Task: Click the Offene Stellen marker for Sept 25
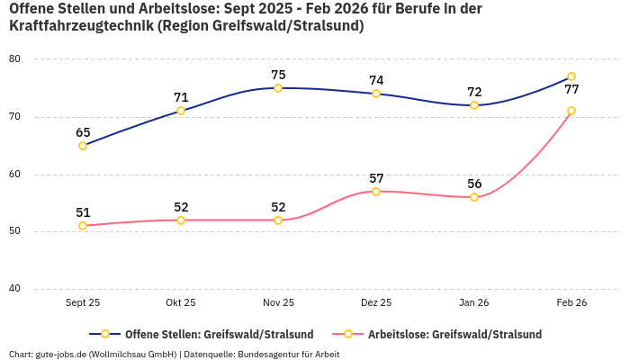83,145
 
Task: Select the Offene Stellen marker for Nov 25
278,88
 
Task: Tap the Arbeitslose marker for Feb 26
571,111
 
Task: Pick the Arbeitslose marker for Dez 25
376,192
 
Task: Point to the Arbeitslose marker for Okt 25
181,220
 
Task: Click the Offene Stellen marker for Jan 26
474,105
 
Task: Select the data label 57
376,178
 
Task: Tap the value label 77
571,90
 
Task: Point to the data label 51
83,213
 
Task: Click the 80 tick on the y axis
40,59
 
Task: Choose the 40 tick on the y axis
40,289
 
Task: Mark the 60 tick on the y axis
40,175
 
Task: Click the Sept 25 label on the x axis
83,303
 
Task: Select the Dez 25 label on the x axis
376,303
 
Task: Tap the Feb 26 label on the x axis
571,303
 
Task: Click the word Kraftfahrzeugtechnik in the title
80,26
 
